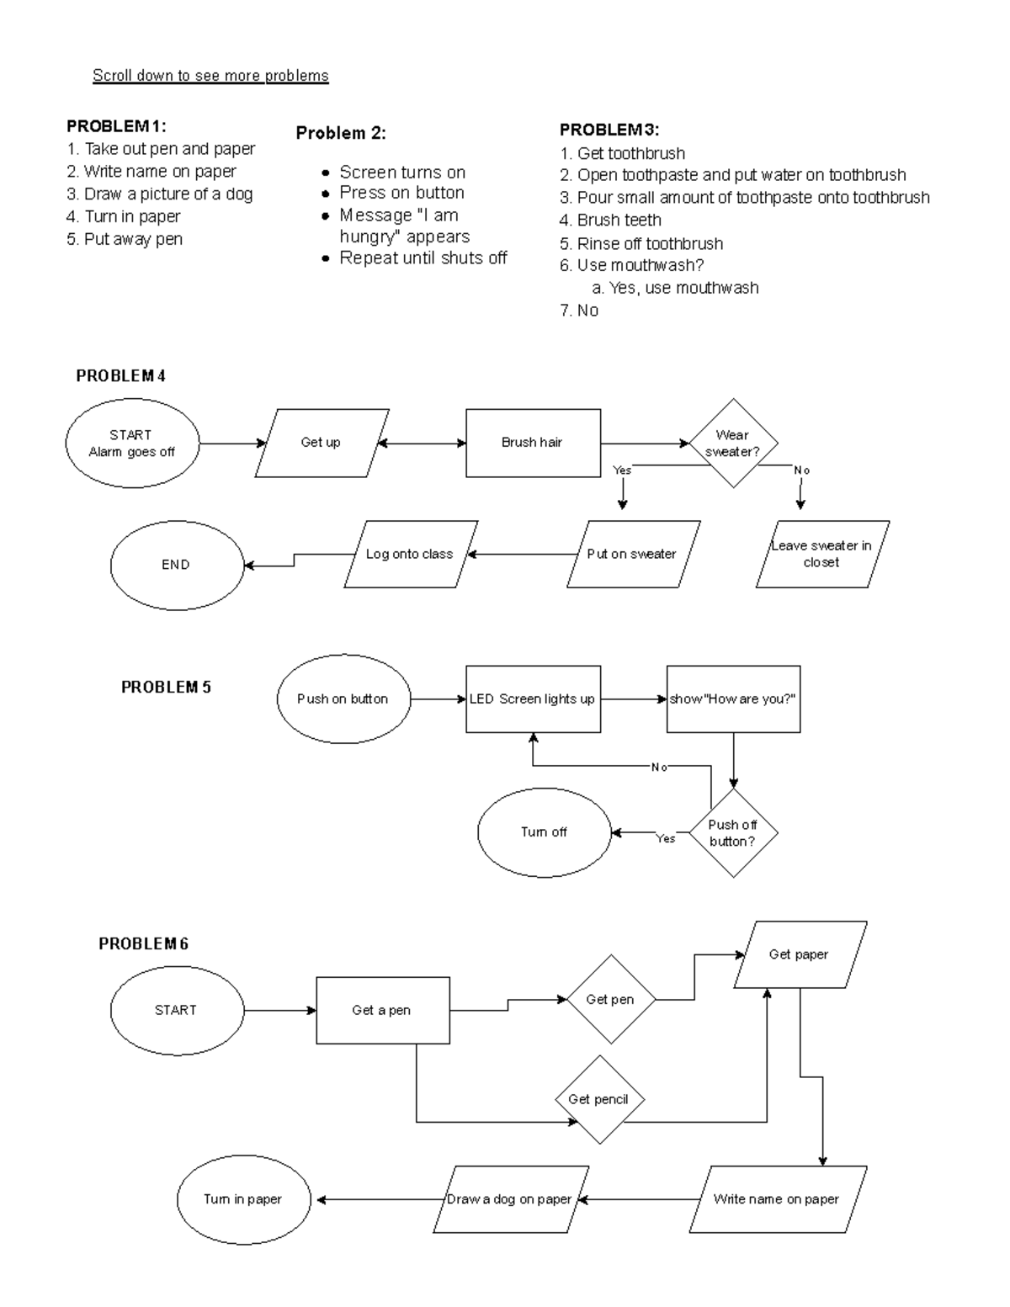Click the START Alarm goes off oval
coord(132,444)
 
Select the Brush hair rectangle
coord(533,443)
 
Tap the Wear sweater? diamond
coord(733,444)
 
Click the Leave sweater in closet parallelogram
coord(821,554)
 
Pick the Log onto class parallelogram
coord(410,554)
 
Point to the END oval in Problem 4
coord(176,565)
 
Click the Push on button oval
coord(343,699)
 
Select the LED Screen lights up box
coord(533,699)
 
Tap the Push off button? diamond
coord(733,833)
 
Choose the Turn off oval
coord(544,831)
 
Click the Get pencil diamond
coord(598,1099)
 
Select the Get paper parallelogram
coord(799,954)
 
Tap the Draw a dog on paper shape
coord(509,1199)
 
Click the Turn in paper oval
coord(243,1199)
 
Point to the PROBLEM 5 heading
coord(166,688)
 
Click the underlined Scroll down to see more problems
coord(210,76)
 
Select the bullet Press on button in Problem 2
coord(401,193)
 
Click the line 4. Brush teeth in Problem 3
coord(619,220)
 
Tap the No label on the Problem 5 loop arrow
coord(659,768)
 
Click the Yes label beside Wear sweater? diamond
coord(622,470)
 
